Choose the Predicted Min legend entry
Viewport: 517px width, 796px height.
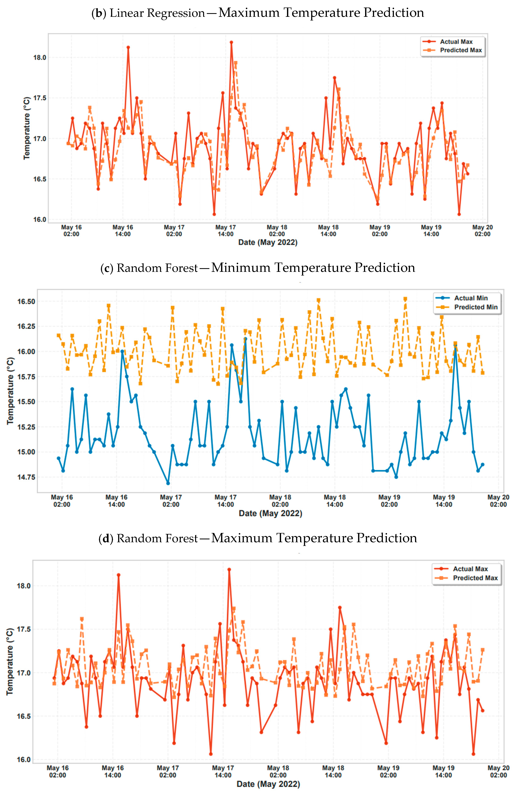point(466,307)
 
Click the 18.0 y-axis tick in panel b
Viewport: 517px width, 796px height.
point(40,58)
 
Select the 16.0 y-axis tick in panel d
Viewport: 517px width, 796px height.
point(24,760)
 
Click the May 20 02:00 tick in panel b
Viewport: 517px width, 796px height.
point(482,230)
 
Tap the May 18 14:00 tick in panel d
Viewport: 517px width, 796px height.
point(333,771)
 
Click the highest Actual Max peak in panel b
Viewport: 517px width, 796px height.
point(231,42)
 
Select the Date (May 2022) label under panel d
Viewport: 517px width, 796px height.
point(268,784)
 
